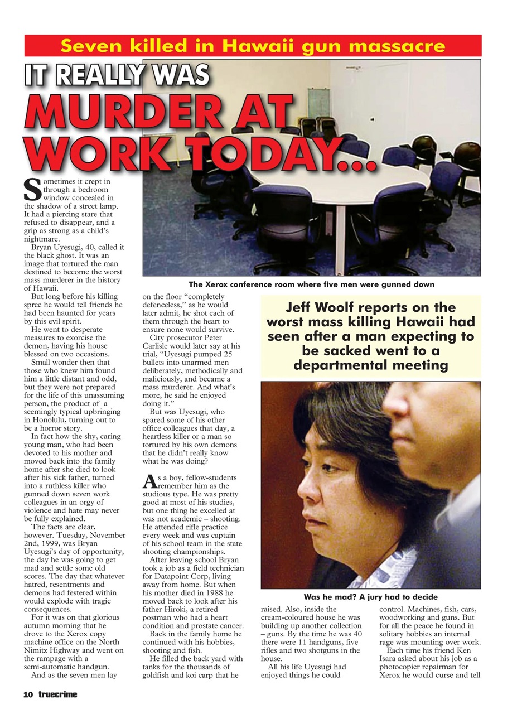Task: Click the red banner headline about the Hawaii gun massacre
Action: (x=253, y=46)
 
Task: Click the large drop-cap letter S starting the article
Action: (x=32, y=189)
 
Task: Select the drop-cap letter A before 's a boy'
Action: (x=148, y=481)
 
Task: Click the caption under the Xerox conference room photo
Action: (x=311, y=284)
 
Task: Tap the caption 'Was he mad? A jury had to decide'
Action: (x=370, y=597)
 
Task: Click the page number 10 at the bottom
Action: (x=28, y=694)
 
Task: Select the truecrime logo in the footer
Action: (x=58, y=694)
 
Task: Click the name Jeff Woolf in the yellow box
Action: (x=319, y=308)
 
